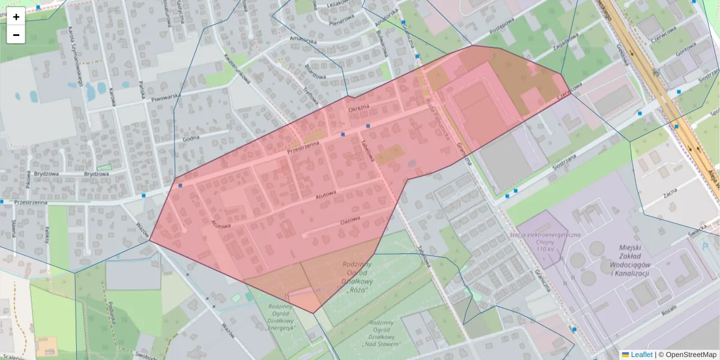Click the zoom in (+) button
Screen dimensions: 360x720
pyautogui.click(x=16, y=17)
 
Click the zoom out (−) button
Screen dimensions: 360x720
pyautogui.click(x=16, y=35)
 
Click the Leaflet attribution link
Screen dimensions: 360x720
pyautogui.click(x=641, y=355)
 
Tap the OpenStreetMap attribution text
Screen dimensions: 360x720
pyautogui.click(x=690, y=355)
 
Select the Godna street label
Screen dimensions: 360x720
pyautogui.click(x=191, y=138)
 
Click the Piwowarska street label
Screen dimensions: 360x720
pyautogui.click(x=166, y=98)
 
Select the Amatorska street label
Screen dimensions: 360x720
pyautogui.click(x=302, y=40)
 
